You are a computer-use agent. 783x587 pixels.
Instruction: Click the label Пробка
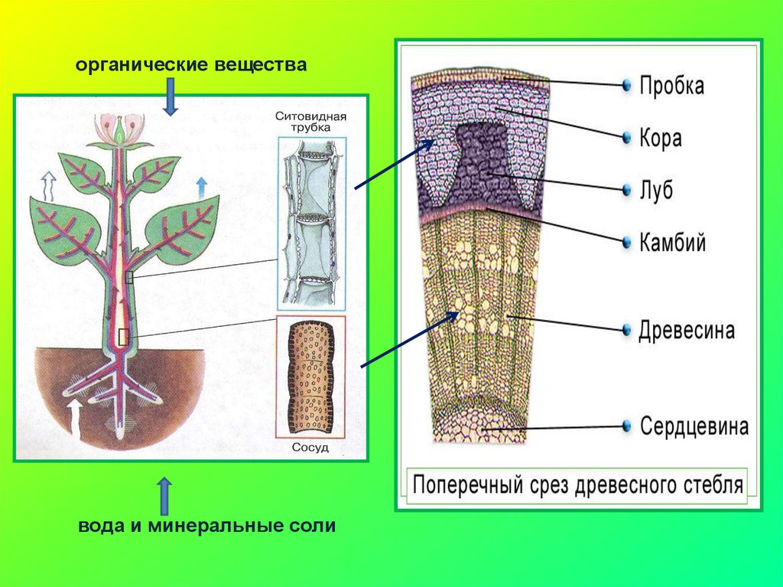click(671, 85)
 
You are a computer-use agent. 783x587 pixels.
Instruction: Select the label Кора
click(661, 139)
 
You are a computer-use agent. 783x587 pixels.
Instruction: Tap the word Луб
click(656, 190)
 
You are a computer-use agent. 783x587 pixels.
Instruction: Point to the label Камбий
click(672, 243)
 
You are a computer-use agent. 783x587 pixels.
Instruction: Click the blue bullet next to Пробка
click(626, 84)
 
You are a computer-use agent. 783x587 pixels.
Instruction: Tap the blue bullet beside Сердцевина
click(626, 426)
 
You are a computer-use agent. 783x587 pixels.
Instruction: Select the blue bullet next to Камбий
click(626, 243)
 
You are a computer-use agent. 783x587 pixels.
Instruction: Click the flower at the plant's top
click(119, 129)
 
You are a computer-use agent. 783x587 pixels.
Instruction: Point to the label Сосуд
click(310, 448)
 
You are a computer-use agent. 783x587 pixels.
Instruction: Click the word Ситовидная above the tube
click(310, 116)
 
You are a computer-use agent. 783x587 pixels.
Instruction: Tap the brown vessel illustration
click(310, 380)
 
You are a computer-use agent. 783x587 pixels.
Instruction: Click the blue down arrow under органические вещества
click(171, 99)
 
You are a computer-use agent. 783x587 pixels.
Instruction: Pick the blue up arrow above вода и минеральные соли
click(164, 497)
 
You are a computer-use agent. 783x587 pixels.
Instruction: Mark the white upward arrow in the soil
click(74, 416)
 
